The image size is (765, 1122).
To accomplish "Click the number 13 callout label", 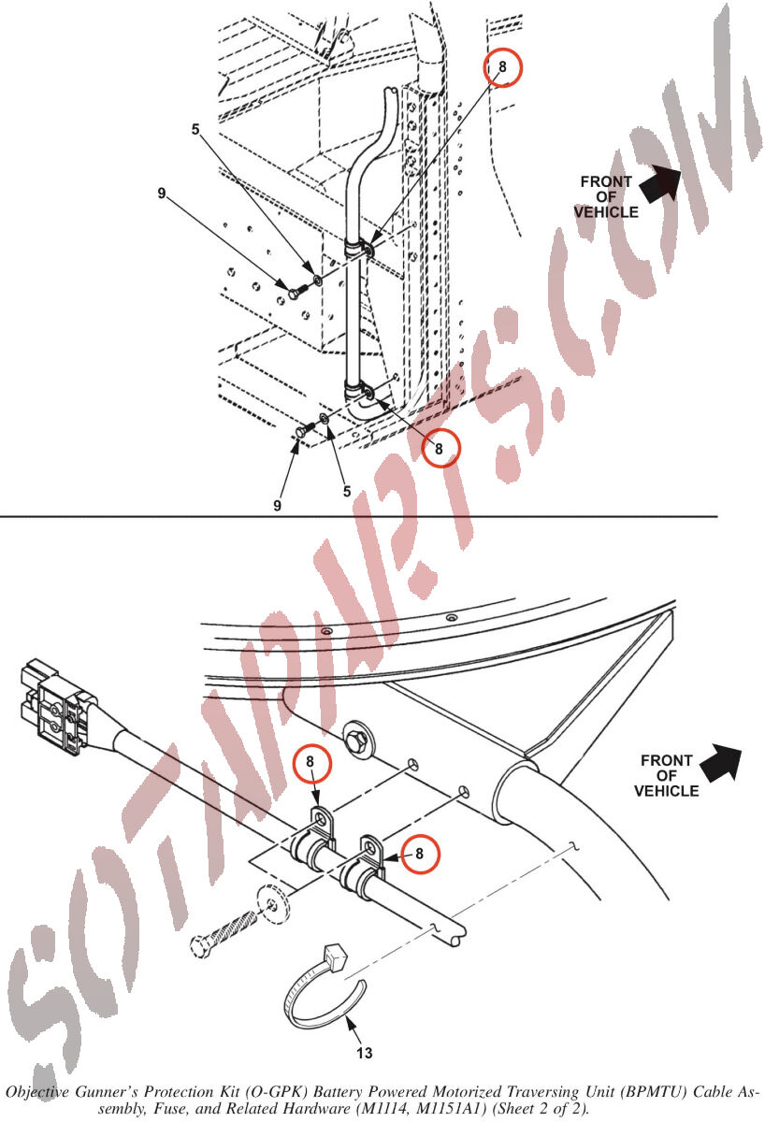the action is tap(365, 1054).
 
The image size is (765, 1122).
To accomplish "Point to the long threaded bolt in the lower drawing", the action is tap(224, 930).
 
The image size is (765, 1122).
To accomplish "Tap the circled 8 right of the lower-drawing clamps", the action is tap(420, 854).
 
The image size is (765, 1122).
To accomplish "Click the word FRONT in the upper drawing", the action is tap(606, 181).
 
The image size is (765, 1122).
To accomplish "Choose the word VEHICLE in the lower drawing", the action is tap(666, 791).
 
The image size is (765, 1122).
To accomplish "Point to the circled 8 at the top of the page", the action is tap(503, 67).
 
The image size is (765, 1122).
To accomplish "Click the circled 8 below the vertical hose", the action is tap(440, 449).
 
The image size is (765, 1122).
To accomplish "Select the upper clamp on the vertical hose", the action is tap(359, 249).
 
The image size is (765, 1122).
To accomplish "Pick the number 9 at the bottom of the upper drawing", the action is tap(277, 506).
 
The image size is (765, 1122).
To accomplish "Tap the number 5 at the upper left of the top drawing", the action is tap(195, 130).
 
